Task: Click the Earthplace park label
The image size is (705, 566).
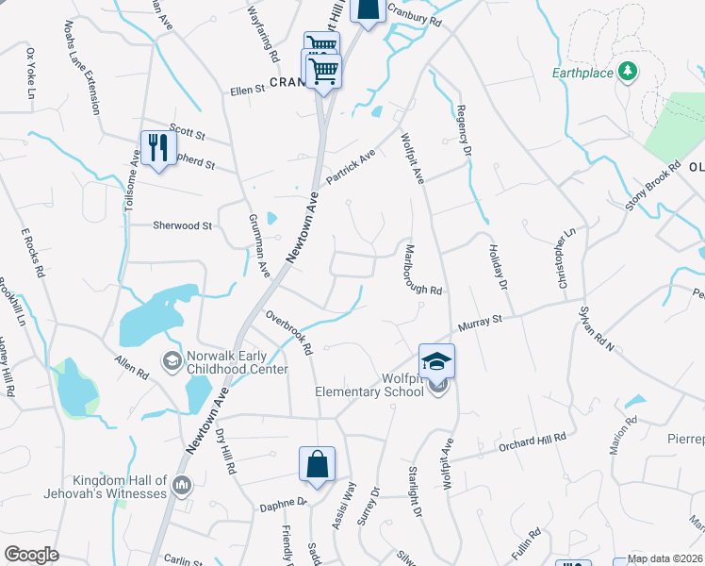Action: [582, 73]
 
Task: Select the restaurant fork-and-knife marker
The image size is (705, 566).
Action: [156, 148]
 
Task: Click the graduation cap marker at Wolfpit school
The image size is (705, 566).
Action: [437, 360]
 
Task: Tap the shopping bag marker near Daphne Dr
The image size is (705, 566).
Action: [317, 464]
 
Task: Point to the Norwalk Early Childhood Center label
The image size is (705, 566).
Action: [238, 363]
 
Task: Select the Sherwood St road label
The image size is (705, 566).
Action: [183, 225]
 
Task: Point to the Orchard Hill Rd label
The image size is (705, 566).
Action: [533, 441]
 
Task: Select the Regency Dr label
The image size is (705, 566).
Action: [463, 130]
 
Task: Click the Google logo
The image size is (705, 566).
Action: [31, 555]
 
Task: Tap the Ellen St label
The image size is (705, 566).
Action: [248, 91]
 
